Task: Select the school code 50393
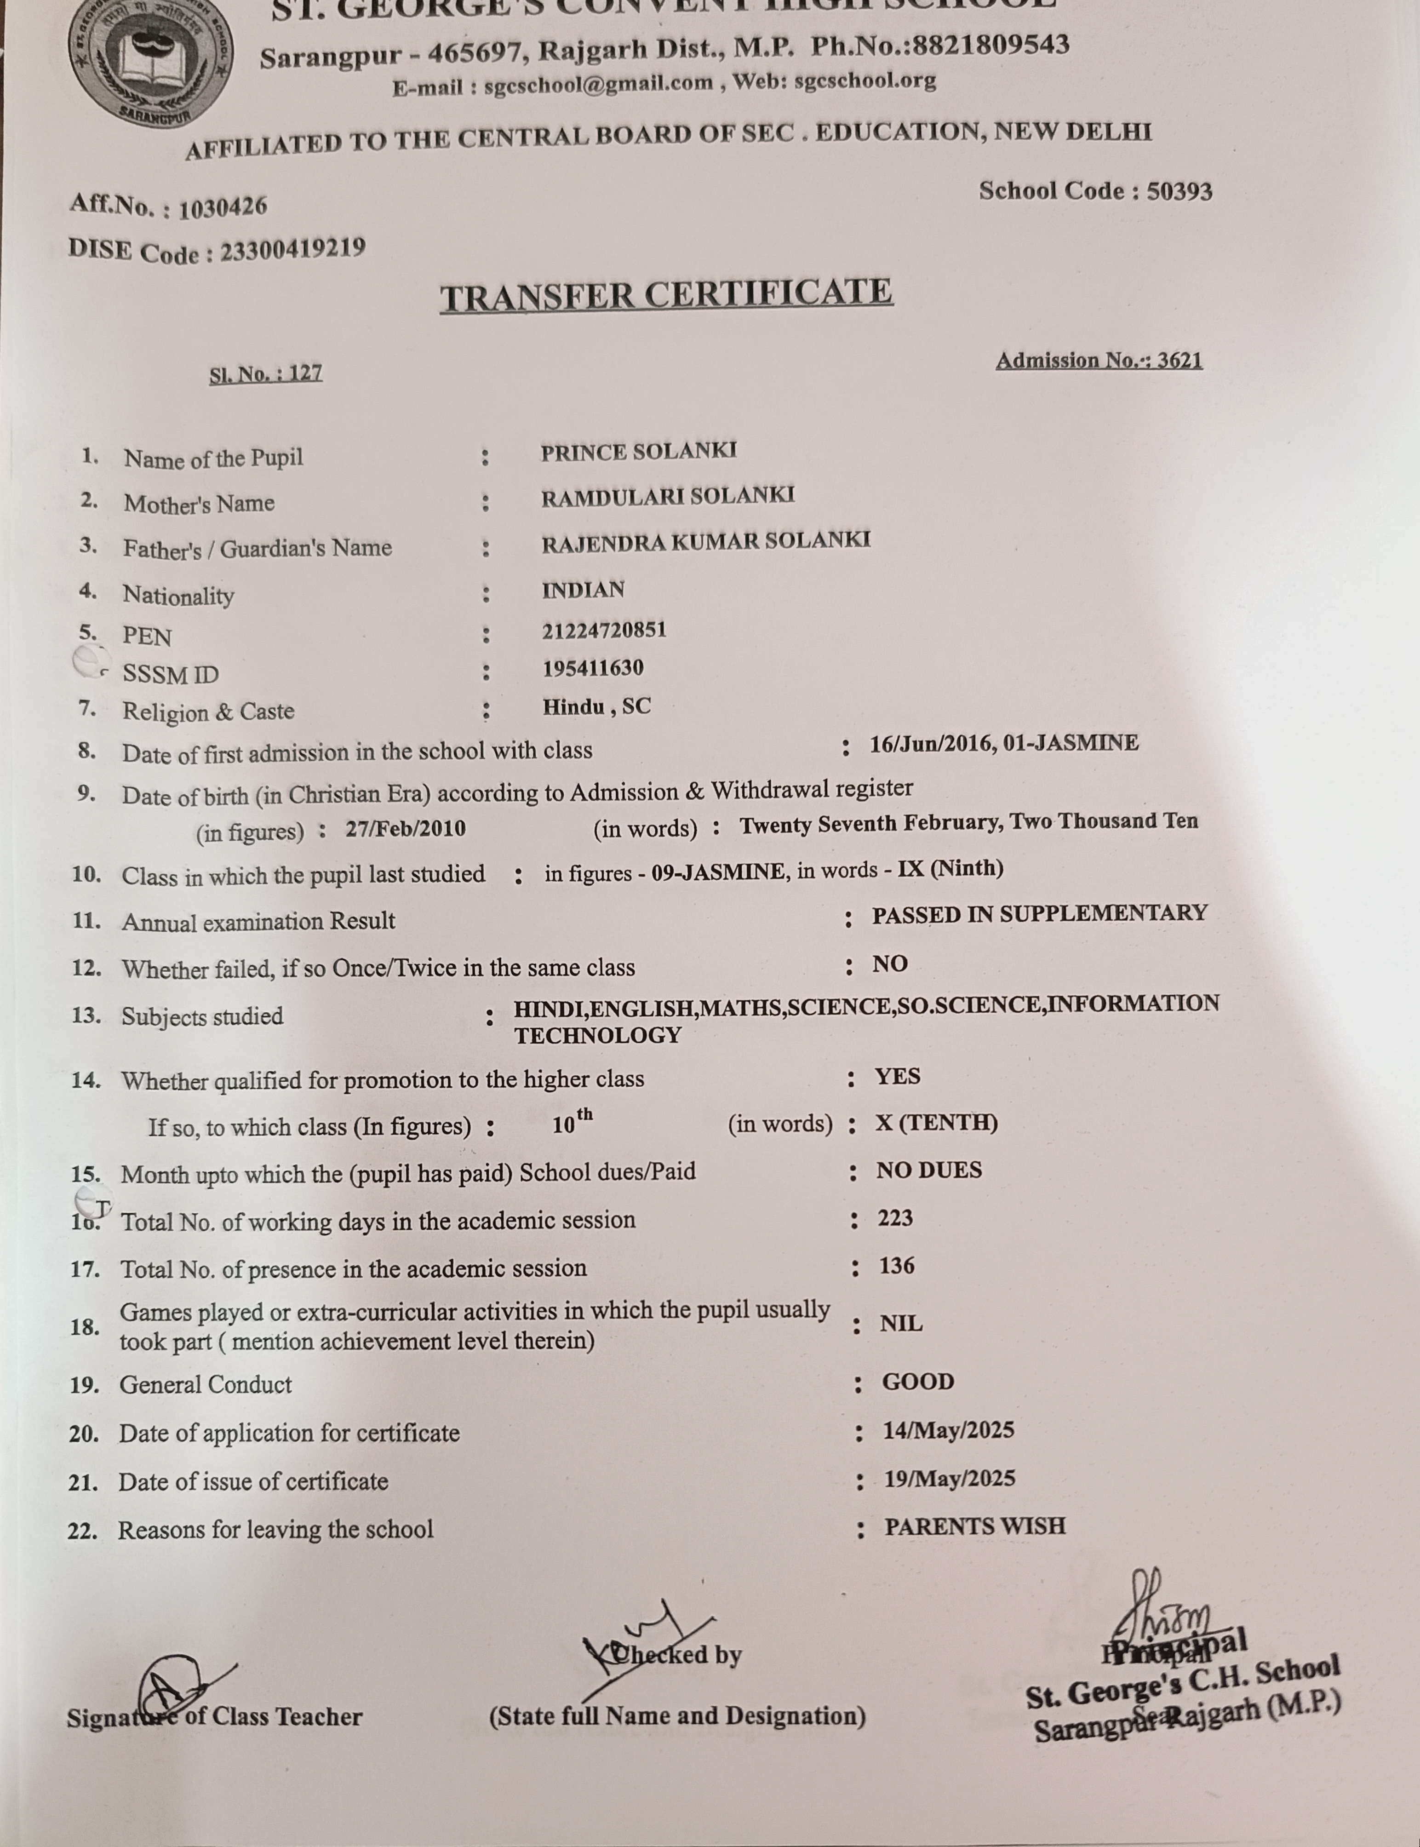[x=1179, y=191]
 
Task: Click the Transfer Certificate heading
[x=666, y=295]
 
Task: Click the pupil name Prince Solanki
[x=638, y=451]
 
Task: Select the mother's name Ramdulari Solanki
[x=668, y=496]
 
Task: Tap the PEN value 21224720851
[x=604, y=630]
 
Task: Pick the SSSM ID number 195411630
[x=593, y=668]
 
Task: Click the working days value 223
[x=895, y=1218]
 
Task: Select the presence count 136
[x=896, y=1265]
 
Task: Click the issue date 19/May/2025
[x=949, y=1479]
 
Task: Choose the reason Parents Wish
[x=974, y=1526]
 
